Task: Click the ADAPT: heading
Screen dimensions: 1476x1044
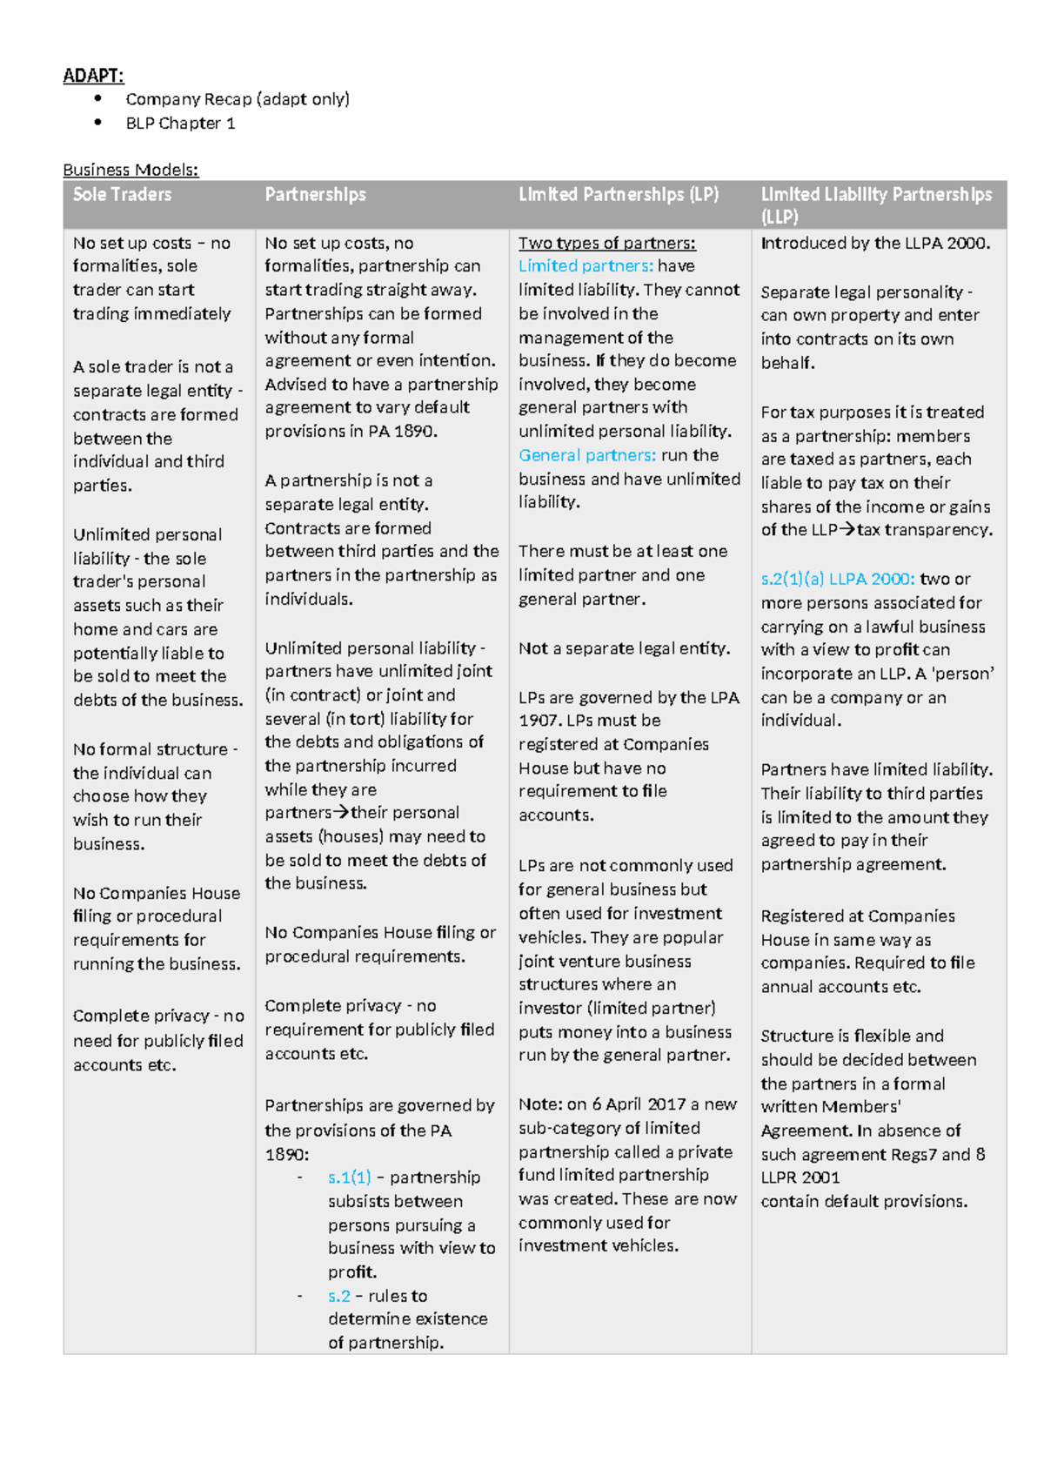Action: tap(93, 76)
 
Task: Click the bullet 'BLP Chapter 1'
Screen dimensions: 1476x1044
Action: tap(180, 124)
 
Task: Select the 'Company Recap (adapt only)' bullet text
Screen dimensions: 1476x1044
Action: tap(237, 99)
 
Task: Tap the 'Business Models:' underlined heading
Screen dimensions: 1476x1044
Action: tap(130, 170)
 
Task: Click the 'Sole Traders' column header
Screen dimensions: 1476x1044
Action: tap(122, 195)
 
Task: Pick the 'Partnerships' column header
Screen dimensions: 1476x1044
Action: tap(315, 195)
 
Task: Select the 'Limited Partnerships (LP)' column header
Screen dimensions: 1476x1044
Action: tap(618, 195)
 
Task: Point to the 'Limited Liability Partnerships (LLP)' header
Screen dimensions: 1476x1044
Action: tap(875, 205)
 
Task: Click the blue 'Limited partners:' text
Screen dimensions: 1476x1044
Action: tap(586, 266)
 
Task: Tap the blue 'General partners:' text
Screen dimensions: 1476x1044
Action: tap(587, 455)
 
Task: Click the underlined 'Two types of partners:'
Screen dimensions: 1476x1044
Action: tap(606, 244)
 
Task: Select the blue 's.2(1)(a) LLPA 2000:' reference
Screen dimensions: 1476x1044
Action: tap(837, 579)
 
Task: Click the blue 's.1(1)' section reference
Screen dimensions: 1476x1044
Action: tap(349, 1177)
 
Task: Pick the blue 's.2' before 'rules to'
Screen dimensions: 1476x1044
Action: tap(338, 1296)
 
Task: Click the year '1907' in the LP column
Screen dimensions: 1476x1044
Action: tap(539, 721)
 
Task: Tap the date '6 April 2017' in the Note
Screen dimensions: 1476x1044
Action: tap(639, 1104)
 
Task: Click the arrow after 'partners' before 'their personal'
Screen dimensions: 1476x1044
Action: tap(341, 813)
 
